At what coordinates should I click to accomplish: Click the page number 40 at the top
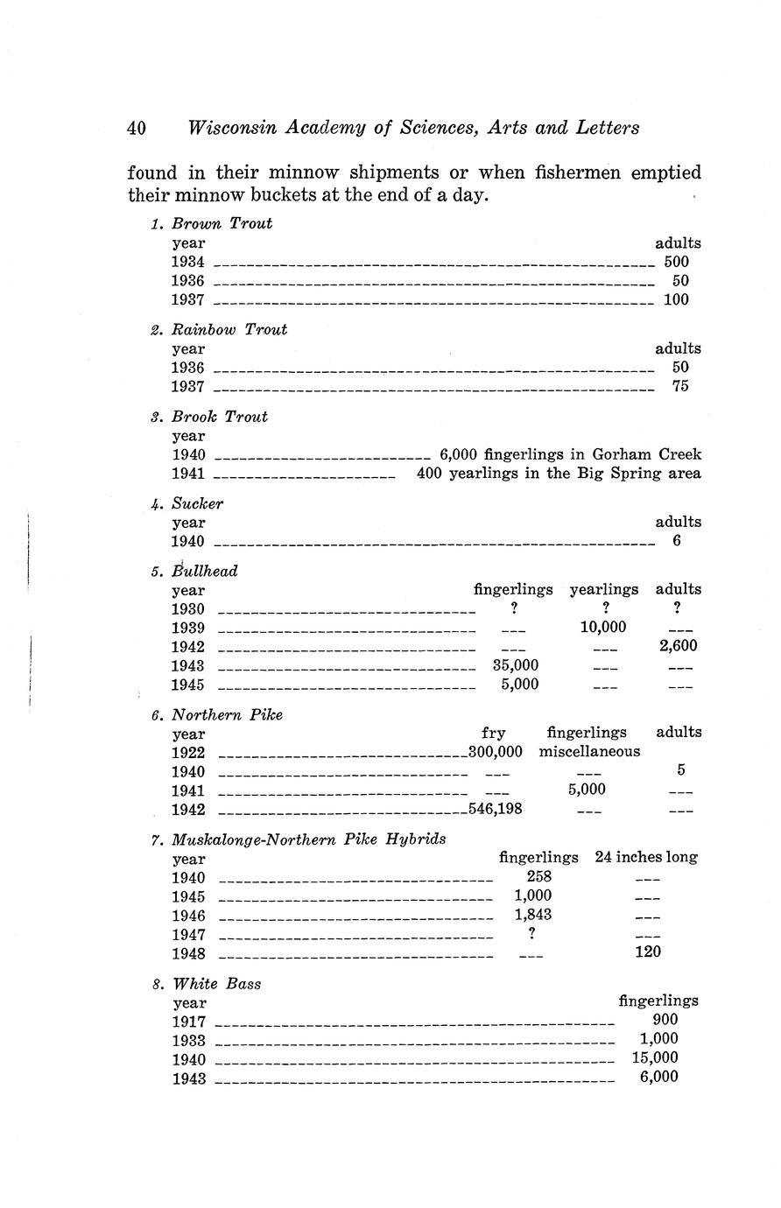click(x=137, y=128)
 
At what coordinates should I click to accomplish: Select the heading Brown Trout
click(x=222, y=223)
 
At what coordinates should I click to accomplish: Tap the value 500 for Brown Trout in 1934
click(x=676, y=262)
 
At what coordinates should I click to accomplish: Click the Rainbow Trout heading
click(x=229, y=330)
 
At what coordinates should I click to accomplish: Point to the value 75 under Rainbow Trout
click(x=680, y=386)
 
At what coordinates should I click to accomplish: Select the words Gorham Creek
click(x=646, y=455)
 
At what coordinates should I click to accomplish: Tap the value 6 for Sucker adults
click(x=677, y=541)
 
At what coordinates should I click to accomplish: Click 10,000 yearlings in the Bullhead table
click(x=602, y=628)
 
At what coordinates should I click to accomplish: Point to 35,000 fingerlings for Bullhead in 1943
click(x=517, y=665)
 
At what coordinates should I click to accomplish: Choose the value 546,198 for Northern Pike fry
click(x=496, y=809)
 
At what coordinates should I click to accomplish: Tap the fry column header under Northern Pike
click(x=493, y=733)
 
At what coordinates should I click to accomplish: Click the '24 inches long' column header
click(x=645, y=857)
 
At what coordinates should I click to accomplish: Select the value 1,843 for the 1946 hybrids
click(x=532, y=915)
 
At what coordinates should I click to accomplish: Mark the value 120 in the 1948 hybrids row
click(x=647, y=952)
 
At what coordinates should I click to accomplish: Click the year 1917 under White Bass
click(x=189, y=1022)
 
